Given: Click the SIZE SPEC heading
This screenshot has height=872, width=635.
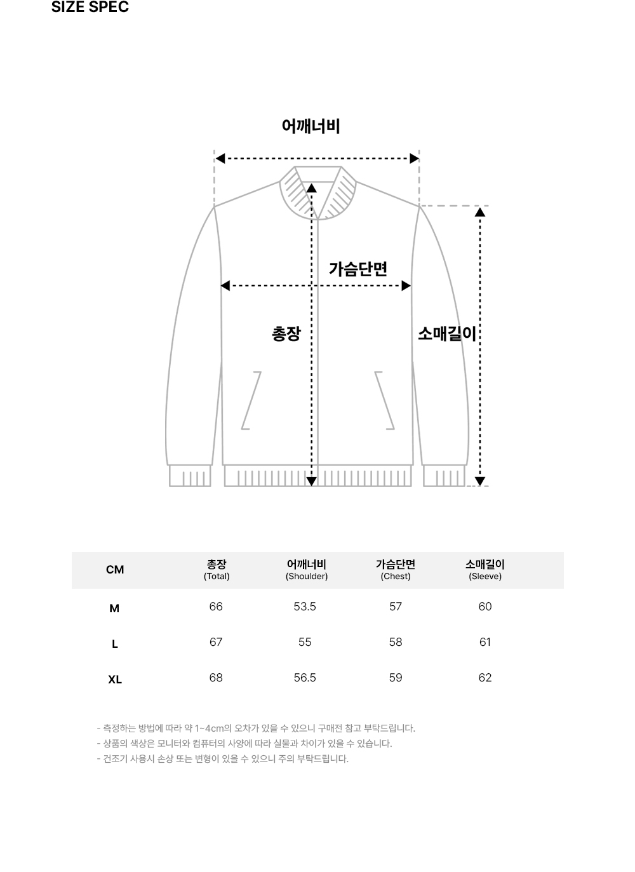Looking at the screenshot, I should pyautogui.click(x=90, y=8).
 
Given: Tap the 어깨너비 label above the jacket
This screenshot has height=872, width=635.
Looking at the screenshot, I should pyautogui.click(x=311, y=126).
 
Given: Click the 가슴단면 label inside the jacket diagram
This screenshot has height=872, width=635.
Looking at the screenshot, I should pyautogui.click(x=358, y=269).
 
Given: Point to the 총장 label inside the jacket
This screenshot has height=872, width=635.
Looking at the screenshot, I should pyautogui.click(x=286, y=334).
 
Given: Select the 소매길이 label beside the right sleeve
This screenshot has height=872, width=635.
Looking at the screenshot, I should pyautogui.click(x=446, y=333).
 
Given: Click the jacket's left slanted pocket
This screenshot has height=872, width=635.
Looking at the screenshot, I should pyautogui.click(x=251, y=400).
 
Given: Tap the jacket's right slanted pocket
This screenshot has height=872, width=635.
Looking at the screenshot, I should pyautogui.click(x=385, y=400).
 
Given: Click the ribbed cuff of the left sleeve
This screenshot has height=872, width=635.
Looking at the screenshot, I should pyautogui.click(x=190, y=476).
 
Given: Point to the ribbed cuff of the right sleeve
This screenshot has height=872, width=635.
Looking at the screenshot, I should pyautogui.click(x=444, y=476).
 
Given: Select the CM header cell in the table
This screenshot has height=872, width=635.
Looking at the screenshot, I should pyautogui.click(x=115, y=570).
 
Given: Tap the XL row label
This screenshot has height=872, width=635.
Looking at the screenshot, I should pyautogui.click(x=115, y=680).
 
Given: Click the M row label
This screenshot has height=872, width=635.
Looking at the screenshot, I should pyautogui.click(x=114, y=608).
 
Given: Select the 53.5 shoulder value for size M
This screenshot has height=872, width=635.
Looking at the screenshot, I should pyautogui.click(x=305, y=607).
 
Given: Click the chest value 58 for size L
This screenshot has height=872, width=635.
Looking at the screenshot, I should pyautogui.click(x=396, y=643).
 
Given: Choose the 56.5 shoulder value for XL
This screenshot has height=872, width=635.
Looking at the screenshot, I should pyautogui.click(x=305, y=678).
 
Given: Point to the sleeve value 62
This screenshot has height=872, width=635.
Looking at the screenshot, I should pyautogui.click(x=485, y=678).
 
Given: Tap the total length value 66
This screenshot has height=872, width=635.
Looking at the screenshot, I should pyautogui.click(x=216, y=607).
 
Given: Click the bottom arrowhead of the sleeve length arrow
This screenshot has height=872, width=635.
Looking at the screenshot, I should pyautogui.click(x=480, y=481).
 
